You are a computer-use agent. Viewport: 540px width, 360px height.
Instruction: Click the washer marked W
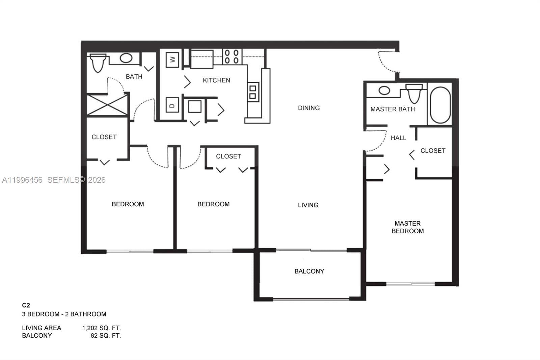172,60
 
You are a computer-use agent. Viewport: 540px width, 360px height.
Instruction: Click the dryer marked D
172,105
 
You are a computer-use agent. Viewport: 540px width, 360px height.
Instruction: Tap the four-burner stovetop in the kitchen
232,57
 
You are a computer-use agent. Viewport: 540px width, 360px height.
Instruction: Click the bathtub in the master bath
440,105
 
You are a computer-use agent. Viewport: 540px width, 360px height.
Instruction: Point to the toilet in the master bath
414,93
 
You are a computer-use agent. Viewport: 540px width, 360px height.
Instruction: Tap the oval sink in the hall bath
126,58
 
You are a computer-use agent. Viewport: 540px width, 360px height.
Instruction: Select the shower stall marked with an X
107,106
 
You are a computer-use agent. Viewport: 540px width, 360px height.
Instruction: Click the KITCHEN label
216,80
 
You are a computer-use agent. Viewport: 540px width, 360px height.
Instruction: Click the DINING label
308,108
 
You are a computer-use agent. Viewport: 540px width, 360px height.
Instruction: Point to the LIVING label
308,205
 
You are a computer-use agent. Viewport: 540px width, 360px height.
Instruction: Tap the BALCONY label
309,271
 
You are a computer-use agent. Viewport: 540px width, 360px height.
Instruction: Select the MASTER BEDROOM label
407,227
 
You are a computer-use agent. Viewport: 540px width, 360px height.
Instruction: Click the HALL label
398,138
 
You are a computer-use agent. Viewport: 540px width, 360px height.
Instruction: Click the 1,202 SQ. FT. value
101,328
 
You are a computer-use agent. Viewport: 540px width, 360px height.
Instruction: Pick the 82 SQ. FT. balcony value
106,336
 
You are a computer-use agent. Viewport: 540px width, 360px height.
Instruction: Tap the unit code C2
26,305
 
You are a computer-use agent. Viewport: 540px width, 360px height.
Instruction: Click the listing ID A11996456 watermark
22,180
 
